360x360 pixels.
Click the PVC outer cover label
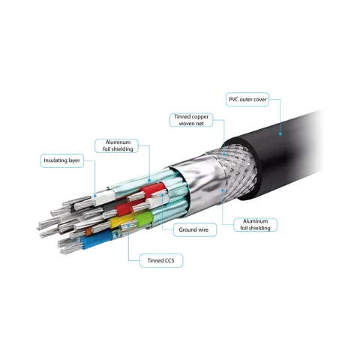click(x=247, y=100)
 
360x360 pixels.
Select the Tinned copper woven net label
click(x=191, y=120)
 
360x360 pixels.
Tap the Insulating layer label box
click(x=61, y=160)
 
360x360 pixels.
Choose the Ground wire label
click(x=195, y=229)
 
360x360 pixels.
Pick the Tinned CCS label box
click(x=161, y=260)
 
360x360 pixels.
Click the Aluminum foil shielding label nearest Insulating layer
click(x=116, y=145)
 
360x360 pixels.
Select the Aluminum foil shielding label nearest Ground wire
click(x=255, y=225)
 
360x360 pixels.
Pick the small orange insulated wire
click(x=88, y=232)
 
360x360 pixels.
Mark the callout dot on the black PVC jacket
click(x=280, y=134)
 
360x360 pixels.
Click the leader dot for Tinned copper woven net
click(x=224, y=154)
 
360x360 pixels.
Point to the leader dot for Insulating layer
click(x=95, y=196)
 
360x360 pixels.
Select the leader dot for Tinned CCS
click(x=128, y=226)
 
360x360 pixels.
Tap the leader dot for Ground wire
click(x=162, y=195)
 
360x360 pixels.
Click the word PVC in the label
click(x=233, y=100)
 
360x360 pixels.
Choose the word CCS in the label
click(x=169, y=260)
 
